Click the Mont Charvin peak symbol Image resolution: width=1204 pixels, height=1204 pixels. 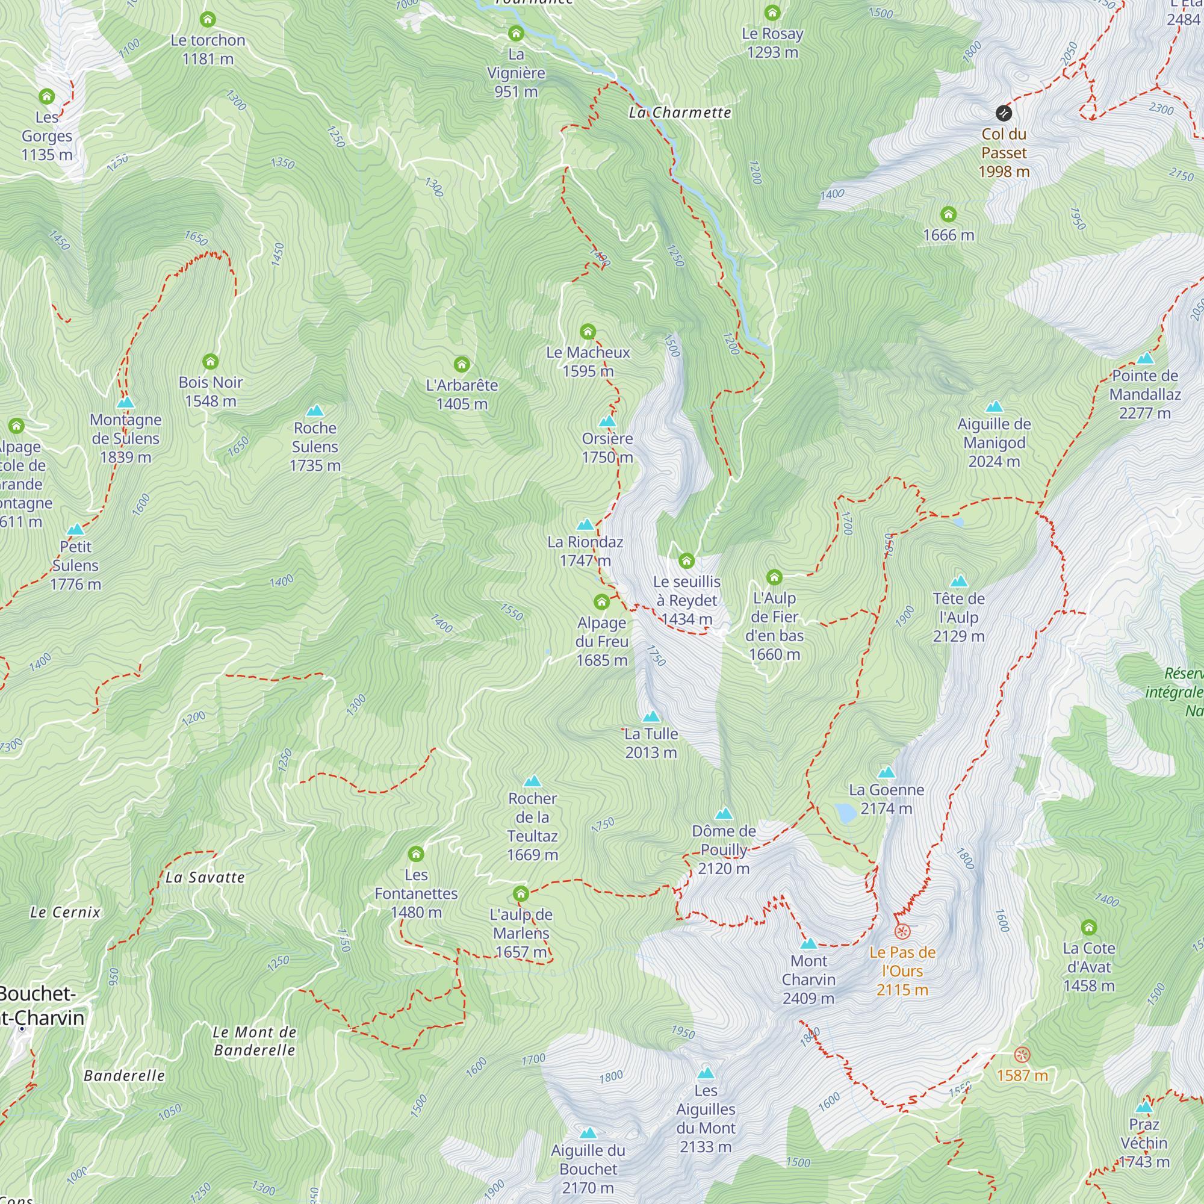[808, 943]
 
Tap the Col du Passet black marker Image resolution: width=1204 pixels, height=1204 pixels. [1004, 113]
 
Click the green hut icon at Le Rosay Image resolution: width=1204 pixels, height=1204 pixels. [772, 13]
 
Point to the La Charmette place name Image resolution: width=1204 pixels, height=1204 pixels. [679, 113]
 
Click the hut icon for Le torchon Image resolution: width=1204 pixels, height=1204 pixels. [208, 19]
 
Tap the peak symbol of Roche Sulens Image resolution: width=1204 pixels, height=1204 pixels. [315, 411]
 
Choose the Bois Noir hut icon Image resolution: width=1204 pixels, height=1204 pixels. [211, 361]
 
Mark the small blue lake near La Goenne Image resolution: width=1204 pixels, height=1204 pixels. [846, 813]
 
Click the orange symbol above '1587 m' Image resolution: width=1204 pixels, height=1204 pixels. [1022, 1055]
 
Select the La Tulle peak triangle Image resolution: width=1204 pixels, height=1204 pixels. [651, 716]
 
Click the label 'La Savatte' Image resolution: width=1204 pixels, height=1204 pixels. [205, 878]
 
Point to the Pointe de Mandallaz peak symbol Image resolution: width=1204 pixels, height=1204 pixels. [1145, 358]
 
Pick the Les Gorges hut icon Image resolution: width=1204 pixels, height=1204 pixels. [47, 96]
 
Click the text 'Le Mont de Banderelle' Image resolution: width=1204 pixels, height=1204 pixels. [254, 1041]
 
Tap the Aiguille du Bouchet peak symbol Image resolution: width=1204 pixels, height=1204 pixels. [588, 1133]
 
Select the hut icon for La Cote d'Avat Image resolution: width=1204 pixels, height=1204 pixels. [1088, 927]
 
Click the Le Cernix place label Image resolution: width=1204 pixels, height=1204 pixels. [66, 913]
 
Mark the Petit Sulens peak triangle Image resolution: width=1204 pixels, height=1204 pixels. [75, 530]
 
